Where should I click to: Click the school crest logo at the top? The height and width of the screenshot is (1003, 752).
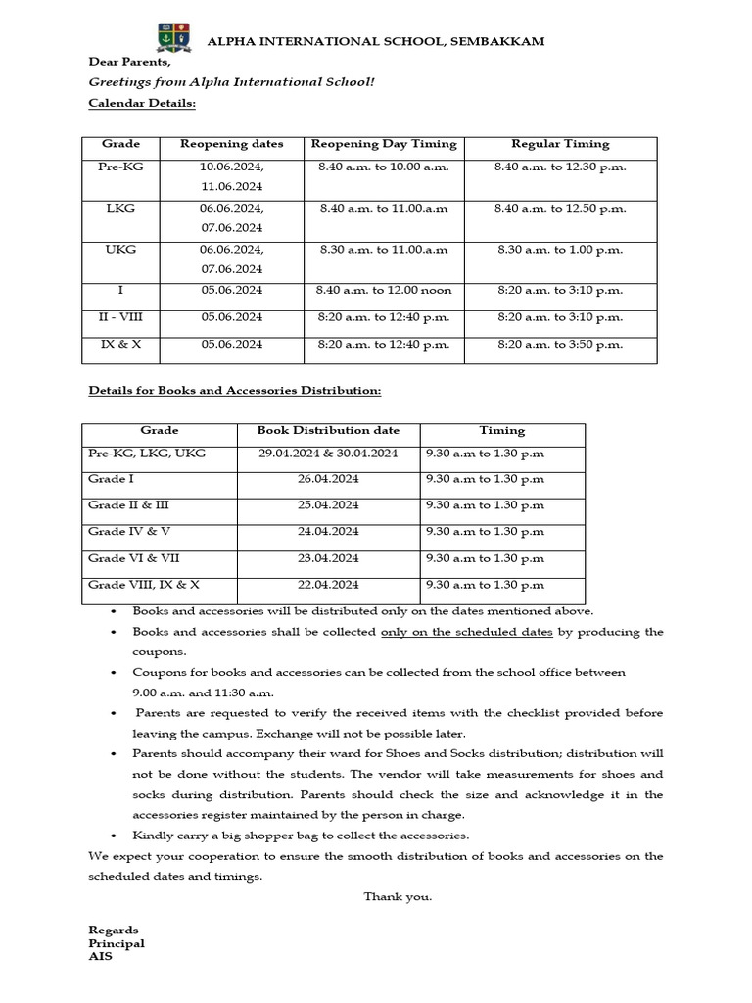point(167,38)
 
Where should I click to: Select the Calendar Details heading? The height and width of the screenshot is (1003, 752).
point(142,103)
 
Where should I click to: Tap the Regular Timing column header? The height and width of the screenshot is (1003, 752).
point(560,144)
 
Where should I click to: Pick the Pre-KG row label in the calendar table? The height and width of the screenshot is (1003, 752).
point(120,167)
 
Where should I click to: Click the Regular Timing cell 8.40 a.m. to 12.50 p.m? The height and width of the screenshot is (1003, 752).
point(560,209)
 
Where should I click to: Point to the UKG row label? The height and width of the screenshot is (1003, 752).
point(120,250)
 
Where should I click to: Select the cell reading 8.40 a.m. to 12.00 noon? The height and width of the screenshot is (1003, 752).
point(384,291)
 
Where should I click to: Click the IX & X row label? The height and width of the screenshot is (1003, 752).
point(120,345)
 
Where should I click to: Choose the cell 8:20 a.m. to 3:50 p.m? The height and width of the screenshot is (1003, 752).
point(560,345)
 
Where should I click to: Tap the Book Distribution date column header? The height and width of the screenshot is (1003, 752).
point(328,430)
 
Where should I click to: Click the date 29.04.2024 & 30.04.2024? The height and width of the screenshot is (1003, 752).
point(328,454)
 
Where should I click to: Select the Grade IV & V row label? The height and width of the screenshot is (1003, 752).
point(129,532)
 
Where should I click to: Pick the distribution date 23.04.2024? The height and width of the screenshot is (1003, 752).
point(328,558)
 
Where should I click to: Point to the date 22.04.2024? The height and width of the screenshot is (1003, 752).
point(328,585)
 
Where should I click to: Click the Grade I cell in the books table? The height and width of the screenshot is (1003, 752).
point(111,479)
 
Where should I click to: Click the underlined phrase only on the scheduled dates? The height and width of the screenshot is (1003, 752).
point(466,632)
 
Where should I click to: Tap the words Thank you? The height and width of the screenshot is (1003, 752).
point(398,896)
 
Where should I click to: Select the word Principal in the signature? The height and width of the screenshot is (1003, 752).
point(117,943)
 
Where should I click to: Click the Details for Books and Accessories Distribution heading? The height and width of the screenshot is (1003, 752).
point(234,391)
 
